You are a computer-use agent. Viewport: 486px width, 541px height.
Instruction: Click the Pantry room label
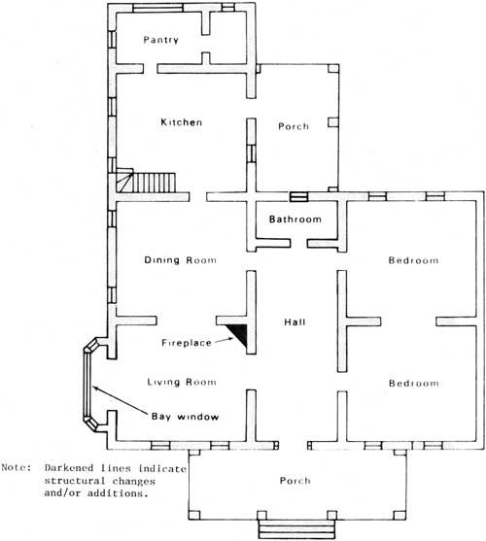click(160, 40)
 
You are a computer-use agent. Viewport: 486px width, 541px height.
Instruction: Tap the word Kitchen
click(182, 122)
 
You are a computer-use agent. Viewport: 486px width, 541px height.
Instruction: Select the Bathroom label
click(295, 220)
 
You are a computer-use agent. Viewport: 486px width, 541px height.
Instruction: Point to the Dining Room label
click(180, 259)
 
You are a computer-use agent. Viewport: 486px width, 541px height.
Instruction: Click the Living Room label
click(182, 382)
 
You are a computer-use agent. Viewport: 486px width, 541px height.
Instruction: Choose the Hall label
click(295, 321)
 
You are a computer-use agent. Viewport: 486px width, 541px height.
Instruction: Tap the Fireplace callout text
click(187, 343)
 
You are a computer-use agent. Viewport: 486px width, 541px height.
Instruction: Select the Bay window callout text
click(185, 417)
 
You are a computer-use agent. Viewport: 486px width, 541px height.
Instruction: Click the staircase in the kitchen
click(147, 181)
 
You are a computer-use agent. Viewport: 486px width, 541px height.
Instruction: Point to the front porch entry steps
click(296, 529)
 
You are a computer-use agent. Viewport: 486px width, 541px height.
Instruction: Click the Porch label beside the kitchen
click(294, 126)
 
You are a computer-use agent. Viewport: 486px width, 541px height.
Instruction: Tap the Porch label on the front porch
click(295, 480)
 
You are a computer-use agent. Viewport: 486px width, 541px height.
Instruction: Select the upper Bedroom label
click(413, 260)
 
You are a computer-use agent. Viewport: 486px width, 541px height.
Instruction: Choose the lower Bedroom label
click(414, 383)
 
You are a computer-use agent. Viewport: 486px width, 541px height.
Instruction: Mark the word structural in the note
click(75, 481)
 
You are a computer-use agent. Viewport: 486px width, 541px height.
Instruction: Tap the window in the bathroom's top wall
click(298, 196)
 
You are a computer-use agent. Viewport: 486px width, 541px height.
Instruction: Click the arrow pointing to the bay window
click(120, 400)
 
